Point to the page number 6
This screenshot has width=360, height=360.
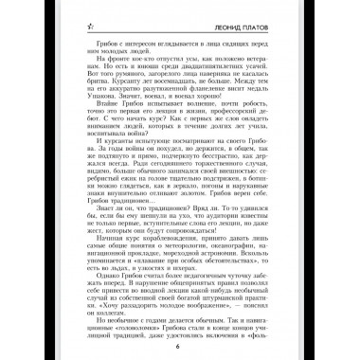point(177,345)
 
